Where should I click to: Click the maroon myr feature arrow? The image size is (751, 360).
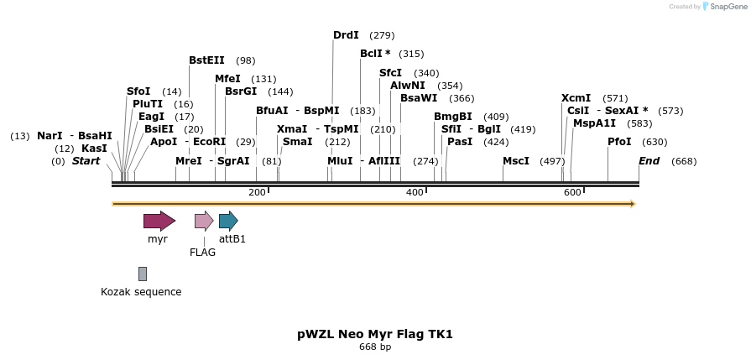(x=159, y=221)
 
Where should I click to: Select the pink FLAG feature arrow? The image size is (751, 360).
(x=203, y=221)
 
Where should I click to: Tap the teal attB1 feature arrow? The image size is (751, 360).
(x=227, y=221)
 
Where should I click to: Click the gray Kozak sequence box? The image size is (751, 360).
(x=143, y=274)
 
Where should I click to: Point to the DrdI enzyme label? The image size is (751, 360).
(x=346, y=35)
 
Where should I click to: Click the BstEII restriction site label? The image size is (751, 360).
(x=206, y=60)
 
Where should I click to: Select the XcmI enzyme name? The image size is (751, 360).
(x=576, y=98)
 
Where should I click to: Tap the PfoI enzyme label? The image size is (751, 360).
(x=619, y=142)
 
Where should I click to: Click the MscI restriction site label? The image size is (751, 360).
(x=516, y=160)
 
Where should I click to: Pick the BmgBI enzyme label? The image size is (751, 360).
(x=453, y=117)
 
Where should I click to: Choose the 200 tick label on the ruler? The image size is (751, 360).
(x=257, y=193)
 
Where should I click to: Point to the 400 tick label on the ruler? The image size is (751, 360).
(x=415, y=193)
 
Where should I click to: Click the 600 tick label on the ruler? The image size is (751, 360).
(x=572, y=193)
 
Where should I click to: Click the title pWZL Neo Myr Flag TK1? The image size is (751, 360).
(x=375, y=334)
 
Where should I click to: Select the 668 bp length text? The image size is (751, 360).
(x=375, y=347)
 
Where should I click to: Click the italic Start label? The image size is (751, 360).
(x=86, y=160)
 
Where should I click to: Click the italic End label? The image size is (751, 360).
(x=649, y=160)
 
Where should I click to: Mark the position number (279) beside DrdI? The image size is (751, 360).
(x=382, y=35)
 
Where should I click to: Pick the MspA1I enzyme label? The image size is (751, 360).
(x=595, y=123)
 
